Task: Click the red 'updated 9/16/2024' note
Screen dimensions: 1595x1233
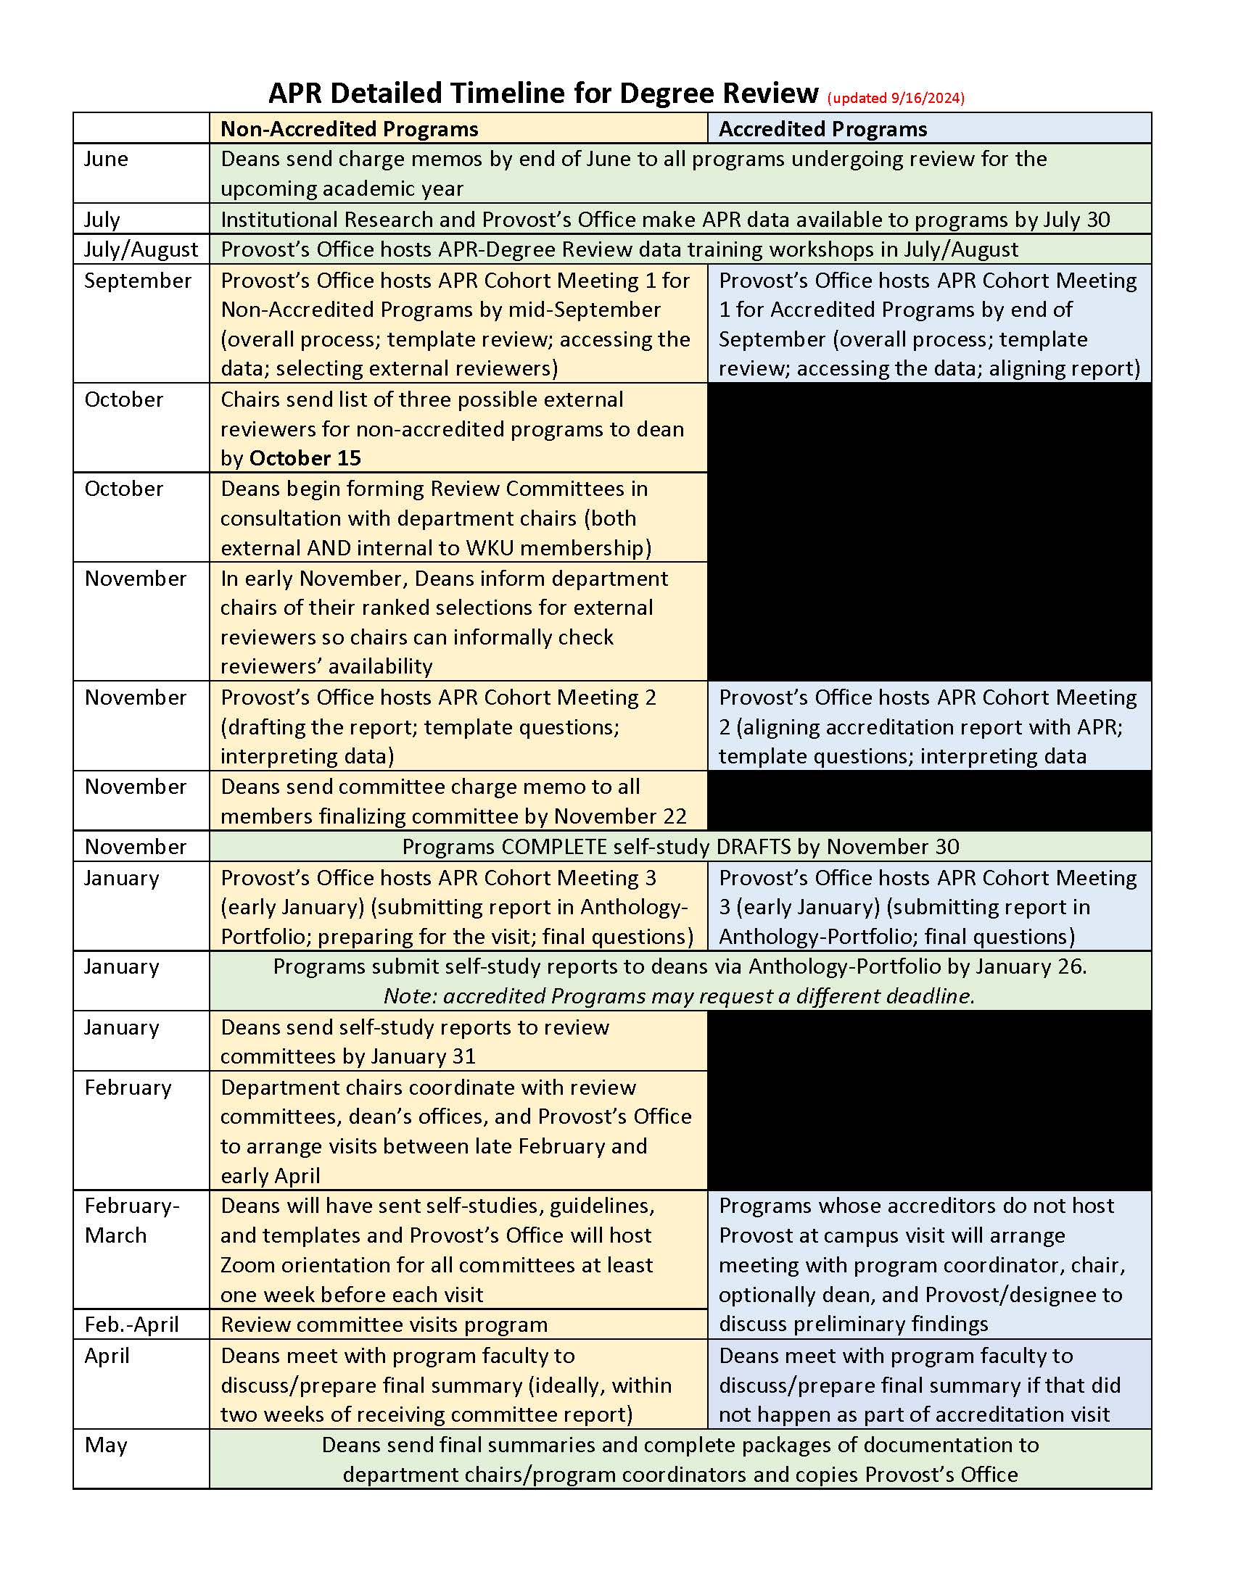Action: tap(896, 98)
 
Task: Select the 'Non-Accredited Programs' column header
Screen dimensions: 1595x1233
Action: tap(349, 129)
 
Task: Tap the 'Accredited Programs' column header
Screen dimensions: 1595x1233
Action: tap(822, 129)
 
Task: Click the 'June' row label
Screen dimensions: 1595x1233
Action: tap(106, 159)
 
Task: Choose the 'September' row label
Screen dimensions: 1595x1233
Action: tap(137, 281)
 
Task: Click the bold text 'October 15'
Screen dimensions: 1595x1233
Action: tap(305, 458)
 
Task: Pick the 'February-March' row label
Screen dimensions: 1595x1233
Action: tap(131, 1220)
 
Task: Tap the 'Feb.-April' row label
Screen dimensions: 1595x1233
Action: tap(131, 1324)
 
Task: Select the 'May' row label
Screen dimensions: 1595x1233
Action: tap(106, 1444)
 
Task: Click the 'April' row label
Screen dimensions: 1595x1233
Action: tap(107, 1356)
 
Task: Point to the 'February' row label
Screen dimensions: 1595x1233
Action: tap(128, 1087)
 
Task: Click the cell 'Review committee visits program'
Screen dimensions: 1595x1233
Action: tap(384, 1324)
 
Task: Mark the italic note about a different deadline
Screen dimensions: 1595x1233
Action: tap(680, 996)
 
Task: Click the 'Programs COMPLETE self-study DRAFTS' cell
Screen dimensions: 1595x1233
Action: tap(680, 846)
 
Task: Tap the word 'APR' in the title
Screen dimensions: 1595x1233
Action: tap(294, 94)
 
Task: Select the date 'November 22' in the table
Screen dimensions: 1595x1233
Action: tap(620, 816)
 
